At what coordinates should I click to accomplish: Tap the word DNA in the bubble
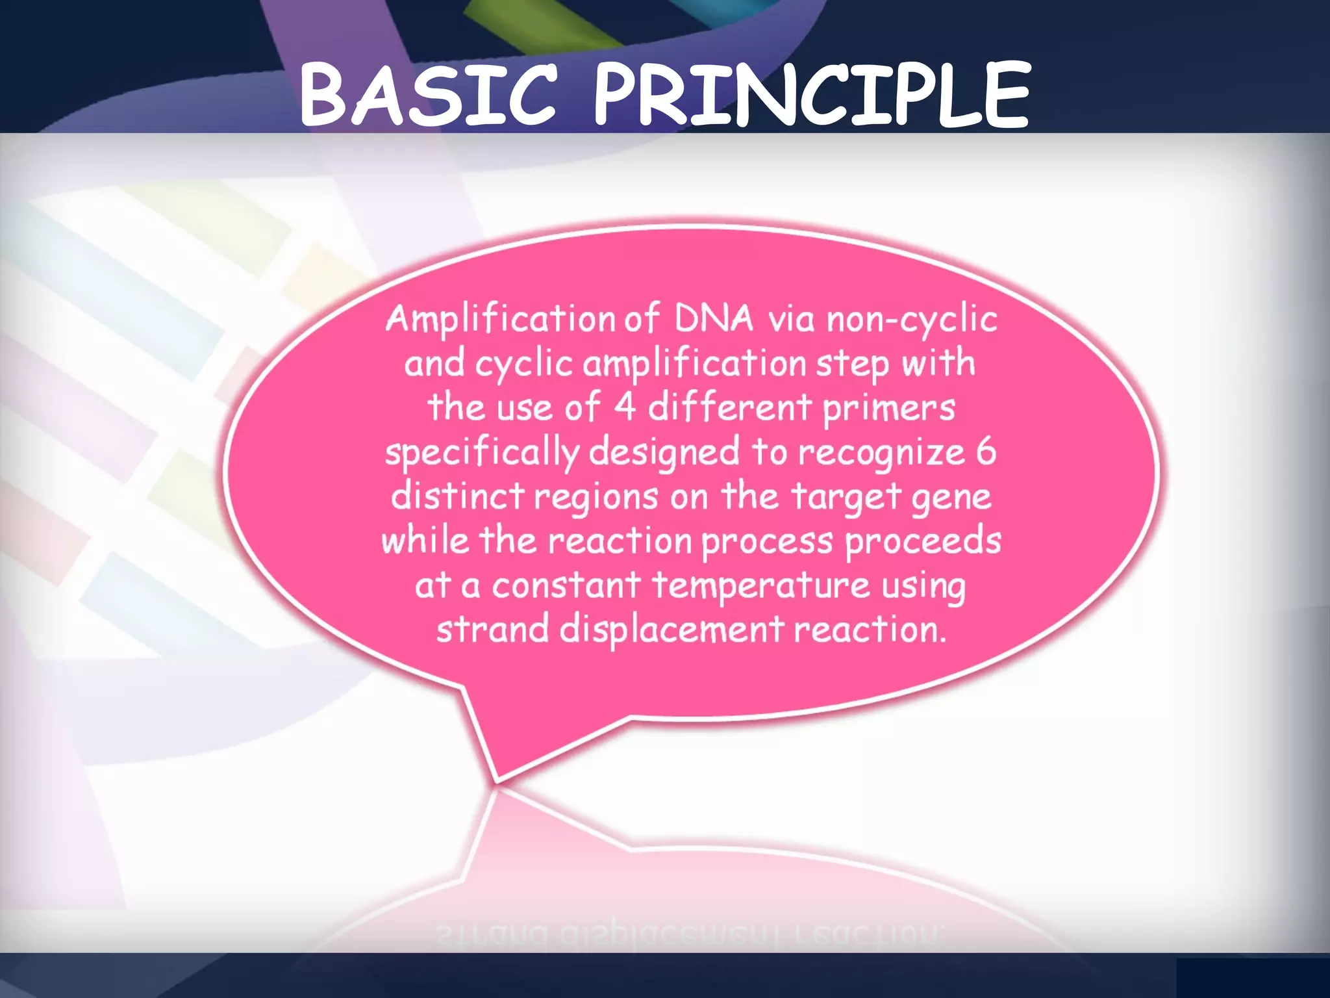pyautogui.click(x=713, y=319)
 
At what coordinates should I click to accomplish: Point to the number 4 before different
pyautogui.click(x=624, y=408)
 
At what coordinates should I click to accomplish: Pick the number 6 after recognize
pyautogui.click(x=986, y=452)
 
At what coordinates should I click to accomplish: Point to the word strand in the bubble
pyautogui.click(x=492, y=629)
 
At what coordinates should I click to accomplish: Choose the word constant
pyautogui.click(x=566, y=585)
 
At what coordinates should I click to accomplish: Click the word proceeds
pyautogui.click(x=922, y=541)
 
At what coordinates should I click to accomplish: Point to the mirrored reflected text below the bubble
pyautogui.click(x=688, y=934)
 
